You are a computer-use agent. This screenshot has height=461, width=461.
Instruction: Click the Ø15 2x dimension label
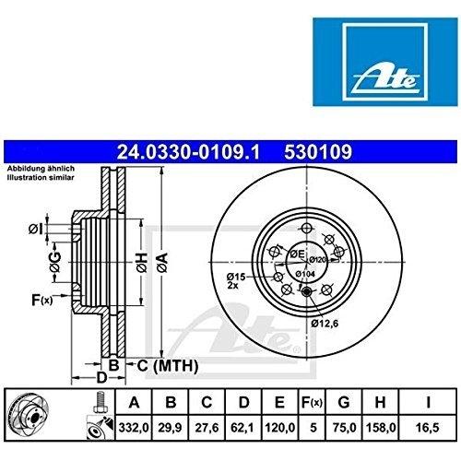[x=236, y=280]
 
